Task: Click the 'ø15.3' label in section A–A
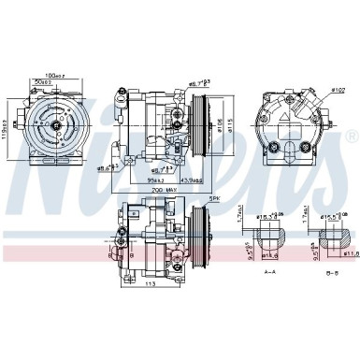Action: [266, 217]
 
